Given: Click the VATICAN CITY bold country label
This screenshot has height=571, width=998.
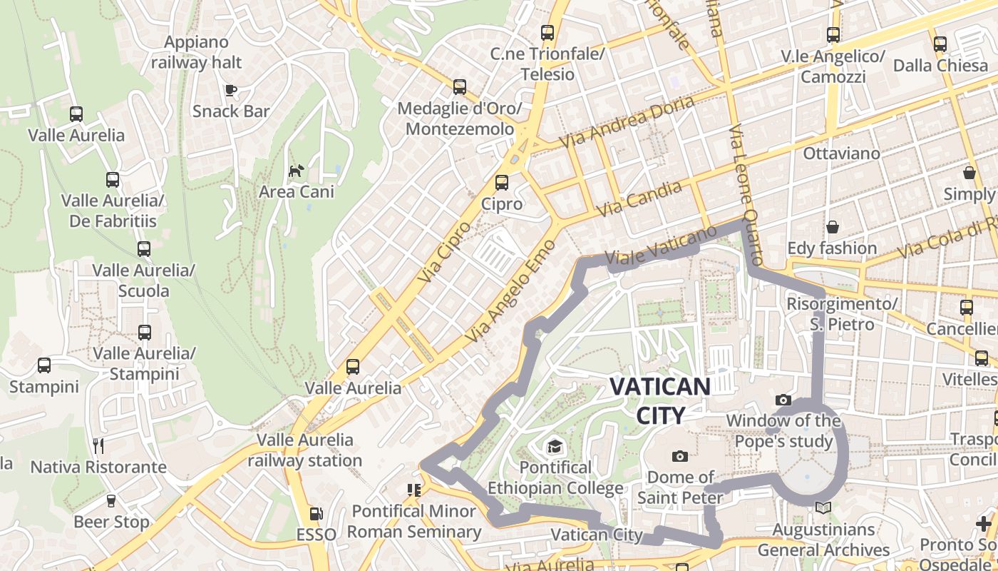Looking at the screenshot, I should (x=659, y=400).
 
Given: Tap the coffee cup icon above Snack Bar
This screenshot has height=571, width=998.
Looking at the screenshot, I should (x=230, y=90).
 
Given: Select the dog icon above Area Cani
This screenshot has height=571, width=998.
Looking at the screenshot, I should (x=296, y=171).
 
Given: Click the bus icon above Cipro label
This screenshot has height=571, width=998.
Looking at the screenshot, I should (x=502, y=183).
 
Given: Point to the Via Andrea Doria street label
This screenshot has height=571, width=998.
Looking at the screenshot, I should (x=627, y=122).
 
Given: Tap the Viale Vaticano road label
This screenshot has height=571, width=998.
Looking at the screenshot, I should (x=660, y=246).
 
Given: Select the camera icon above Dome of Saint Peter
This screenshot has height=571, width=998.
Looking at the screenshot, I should (x=680, y=456).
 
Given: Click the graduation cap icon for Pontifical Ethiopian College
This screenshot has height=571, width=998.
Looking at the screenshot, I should (x=554, y=448).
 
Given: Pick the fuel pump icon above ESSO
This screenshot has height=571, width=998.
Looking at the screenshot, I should (x=316, y=513).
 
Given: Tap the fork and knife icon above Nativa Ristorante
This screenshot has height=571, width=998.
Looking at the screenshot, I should (x=98, y=446).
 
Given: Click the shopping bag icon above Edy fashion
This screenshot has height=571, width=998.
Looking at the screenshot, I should (x=832, y=227).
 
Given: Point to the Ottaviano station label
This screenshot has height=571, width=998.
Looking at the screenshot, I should (x=841, y=153).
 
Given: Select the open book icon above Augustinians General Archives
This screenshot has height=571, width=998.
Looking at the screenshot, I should (x=823, y=508).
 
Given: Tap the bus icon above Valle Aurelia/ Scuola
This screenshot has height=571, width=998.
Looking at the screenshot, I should (x=144, y=249).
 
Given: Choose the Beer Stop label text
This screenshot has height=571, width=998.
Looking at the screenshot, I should (x=112, y=522).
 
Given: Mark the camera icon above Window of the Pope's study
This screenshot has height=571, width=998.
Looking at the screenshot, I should (x=783, y=400).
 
